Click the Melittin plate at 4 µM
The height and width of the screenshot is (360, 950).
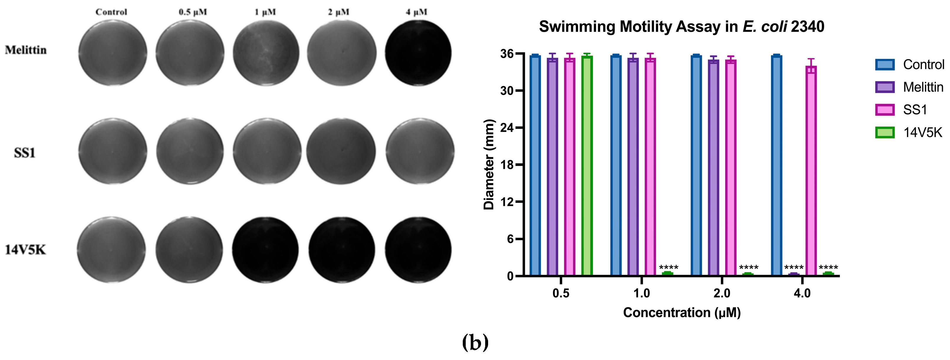coord(418,53)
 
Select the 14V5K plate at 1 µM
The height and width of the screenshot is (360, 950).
coord(266,250)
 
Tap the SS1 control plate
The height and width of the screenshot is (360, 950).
coord(113,151)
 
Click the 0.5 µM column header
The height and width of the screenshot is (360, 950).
coord(192,12)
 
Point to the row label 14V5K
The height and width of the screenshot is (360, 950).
coord(25,250)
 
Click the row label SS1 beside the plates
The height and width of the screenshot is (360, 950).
coord(24,153)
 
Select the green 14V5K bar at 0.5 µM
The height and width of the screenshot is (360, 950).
coord(587,166)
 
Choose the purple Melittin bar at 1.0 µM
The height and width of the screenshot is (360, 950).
coord(633,166)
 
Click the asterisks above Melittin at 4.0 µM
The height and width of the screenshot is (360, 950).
coord(794,267)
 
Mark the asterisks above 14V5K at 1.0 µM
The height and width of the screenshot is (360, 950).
coord(669,267)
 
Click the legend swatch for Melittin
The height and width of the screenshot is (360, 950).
coord(885,87)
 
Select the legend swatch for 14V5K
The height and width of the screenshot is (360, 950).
coord(885,132)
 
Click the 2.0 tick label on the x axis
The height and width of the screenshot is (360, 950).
coord(722,293)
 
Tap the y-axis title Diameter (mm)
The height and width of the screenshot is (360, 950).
coord(489,165)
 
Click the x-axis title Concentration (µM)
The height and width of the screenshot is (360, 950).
coord(681,313)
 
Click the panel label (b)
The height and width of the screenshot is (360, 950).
coord(475,343)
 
